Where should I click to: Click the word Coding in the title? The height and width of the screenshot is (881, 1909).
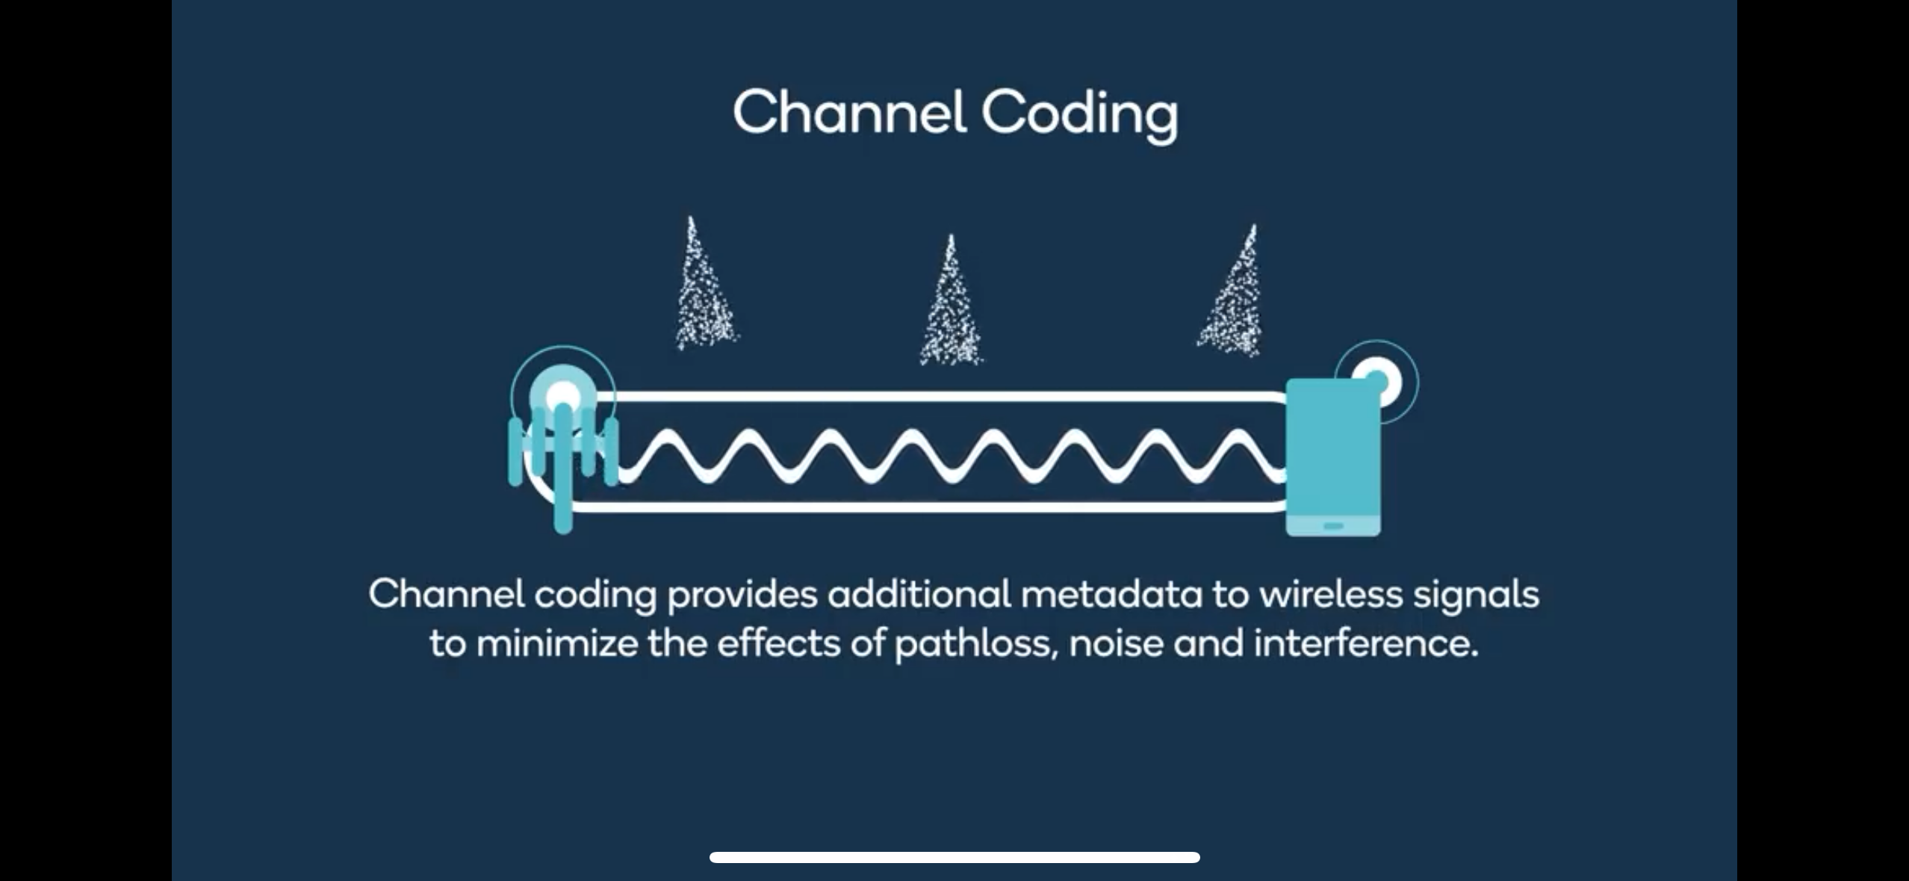[x=1078, y=114]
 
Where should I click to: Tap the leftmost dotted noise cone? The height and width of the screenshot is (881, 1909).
[x=703, y=291]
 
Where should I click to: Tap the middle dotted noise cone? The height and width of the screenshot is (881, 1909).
[x=951, y=306]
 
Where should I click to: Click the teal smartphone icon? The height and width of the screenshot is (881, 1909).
[x=1332, y=457]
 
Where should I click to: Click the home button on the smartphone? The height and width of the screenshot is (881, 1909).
[x=1333, y=526]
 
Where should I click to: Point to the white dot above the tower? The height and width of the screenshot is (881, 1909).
[x=563, y=395]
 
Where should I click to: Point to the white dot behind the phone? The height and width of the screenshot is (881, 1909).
[x=1379, y=382]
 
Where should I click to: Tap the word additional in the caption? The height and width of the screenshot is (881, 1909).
[x=919, y=595]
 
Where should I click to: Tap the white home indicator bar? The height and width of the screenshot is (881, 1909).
[x=954, y=857]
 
